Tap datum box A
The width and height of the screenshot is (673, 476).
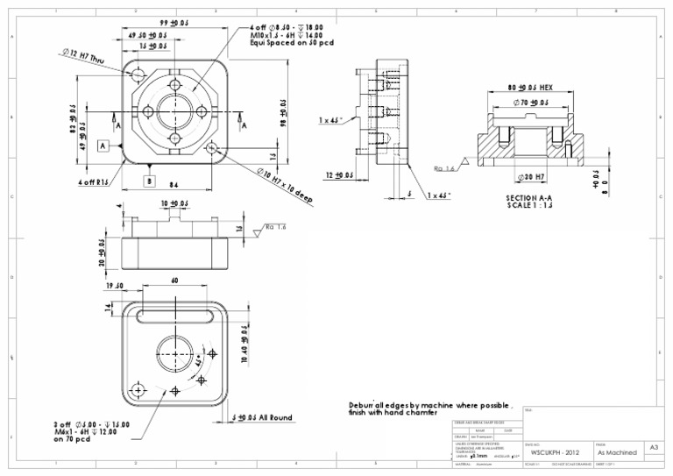pyautogui.click(x=103, y=146)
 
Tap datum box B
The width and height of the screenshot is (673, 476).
pyautogui.click(x=150, y=181)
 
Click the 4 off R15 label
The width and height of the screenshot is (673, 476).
pyautogui.click(x=94, y=182)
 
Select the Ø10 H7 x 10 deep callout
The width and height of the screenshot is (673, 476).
pyautogui.click(x=286, y=186)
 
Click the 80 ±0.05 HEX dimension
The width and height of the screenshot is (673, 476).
pyautogui.click(x=530, y=89)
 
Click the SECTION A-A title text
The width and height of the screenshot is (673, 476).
pyautogui.click(x=529, y=197)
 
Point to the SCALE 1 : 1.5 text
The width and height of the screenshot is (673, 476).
pyautogui.click(x=529, y=205)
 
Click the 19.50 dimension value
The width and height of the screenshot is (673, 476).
pyautogui.click(x=115, y=286)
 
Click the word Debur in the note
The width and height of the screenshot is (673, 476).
pyautogui.click(x=361, y=406)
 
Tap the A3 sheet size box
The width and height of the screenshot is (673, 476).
pyautogui.click(x=654, y=447)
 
